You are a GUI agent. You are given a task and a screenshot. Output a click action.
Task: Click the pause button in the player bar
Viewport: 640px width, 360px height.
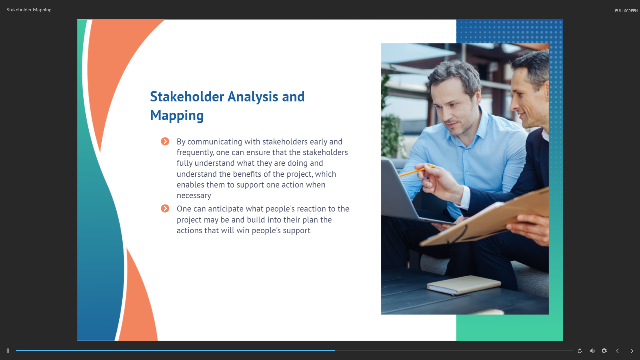(8, 351)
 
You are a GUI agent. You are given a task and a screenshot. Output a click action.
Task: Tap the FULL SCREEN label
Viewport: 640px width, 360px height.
(626, 11)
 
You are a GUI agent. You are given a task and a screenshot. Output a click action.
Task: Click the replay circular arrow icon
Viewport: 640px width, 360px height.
(580, 351)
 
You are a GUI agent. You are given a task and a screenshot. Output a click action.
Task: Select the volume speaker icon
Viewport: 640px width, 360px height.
(592, 351)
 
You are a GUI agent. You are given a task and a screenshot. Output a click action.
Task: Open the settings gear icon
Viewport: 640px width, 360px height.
(604, 351)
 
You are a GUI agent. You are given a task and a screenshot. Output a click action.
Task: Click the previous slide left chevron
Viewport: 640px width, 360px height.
(617, 351)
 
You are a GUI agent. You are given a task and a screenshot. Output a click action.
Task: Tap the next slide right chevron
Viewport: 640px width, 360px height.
(632, 351)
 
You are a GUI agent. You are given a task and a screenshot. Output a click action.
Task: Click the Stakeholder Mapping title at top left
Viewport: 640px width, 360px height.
(29, 10)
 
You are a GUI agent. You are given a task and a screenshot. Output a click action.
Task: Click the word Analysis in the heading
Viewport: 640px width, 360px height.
(253, 97)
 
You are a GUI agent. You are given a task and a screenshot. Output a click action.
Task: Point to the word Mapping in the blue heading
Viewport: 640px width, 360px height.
(177, 115)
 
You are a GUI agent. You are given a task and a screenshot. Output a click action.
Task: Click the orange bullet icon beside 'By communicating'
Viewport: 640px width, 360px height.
(165, 141)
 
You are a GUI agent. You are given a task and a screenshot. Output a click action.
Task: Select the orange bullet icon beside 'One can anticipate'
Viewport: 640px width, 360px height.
(165, 209)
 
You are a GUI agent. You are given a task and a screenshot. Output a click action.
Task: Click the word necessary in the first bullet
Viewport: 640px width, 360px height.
(194, 196)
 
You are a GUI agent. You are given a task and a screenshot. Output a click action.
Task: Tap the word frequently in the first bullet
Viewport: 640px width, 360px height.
(195, 152)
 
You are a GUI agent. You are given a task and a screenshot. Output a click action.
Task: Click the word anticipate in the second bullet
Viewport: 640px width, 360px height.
(226, 209)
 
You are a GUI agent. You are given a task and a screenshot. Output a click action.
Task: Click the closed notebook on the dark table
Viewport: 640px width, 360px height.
(464, 285)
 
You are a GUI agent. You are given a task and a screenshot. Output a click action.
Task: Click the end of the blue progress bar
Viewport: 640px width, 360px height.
(335, 350)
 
